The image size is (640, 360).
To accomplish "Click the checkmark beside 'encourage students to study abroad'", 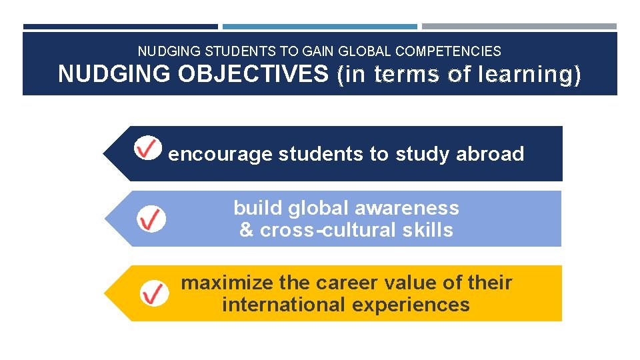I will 147,147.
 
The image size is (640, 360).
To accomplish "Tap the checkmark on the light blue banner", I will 151,219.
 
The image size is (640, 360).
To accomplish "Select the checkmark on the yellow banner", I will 155,293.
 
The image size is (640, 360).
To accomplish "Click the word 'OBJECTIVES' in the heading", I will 253,74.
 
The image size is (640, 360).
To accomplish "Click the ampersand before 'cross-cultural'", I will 246,230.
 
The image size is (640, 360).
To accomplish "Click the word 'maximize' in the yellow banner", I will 227,283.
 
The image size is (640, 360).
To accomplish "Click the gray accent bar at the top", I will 519,27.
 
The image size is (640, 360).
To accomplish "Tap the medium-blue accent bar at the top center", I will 320,27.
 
